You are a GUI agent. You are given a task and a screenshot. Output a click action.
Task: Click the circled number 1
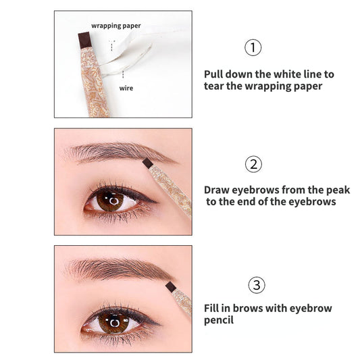pyautogui.click(x=253, y=47)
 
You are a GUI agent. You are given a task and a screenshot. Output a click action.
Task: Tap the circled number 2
pyautogui.click(x=253, y=164)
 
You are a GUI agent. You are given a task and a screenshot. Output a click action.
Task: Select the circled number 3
pyautogui.click(x=257, y=285)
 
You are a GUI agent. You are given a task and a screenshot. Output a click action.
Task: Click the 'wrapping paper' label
pyautogui.click(x=116, y=26)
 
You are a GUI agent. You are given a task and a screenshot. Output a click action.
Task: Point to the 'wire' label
pyautogui.click(x=126, y=88)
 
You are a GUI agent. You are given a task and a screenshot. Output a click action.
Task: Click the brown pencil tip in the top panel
pyautogui.click(x=84, y=40)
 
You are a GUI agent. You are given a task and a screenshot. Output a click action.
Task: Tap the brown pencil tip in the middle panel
pyautogui.click(x=147, y=163)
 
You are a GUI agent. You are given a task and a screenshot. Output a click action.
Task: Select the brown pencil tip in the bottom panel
pyautogui.click(x=171, y=286)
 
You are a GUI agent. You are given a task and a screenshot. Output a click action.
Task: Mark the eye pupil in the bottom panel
pyautogui.click(x=114, y=323)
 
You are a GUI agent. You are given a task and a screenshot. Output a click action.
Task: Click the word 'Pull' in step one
pyautogui.click(x=213, y=74)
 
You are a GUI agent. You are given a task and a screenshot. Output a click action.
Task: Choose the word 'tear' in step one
pyautogui.click(x=213, y=86)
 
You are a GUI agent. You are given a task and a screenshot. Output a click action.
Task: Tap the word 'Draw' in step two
pyautogui.click(x=216, y=190)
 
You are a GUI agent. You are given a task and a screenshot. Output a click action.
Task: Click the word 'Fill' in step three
pyautogui.click(x=211, y=308)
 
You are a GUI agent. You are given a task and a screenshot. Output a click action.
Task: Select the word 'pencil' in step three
pyautogui.click(x=219, y=320)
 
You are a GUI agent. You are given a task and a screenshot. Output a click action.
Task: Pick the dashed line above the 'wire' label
pyautogui.click(x=123, y=74)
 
